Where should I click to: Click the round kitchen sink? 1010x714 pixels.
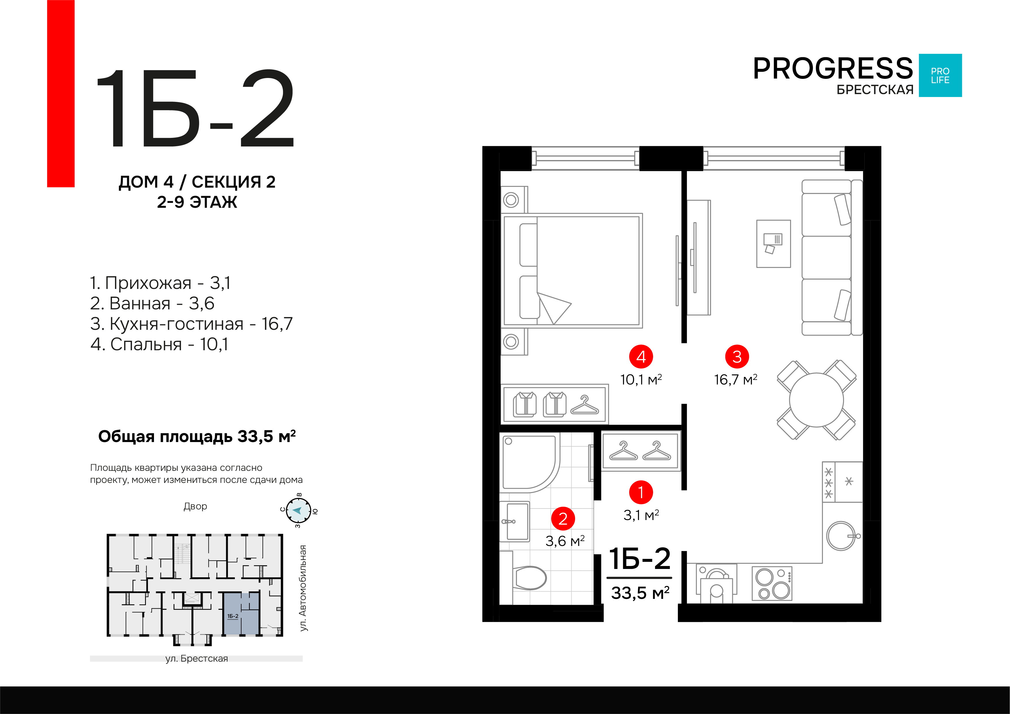841,536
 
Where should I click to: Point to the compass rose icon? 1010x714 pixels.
298,511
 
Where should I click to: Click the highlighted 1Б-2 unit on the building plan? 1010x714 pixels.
241,614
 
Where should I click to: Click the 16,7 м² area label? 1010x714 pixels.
735,379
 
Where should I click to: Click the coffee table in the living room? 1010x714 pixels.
773,244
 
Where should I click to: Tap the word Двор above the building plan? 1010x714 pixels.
195,506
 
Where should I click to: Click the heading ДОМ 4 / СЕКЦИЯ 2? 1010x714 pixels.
197,182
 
